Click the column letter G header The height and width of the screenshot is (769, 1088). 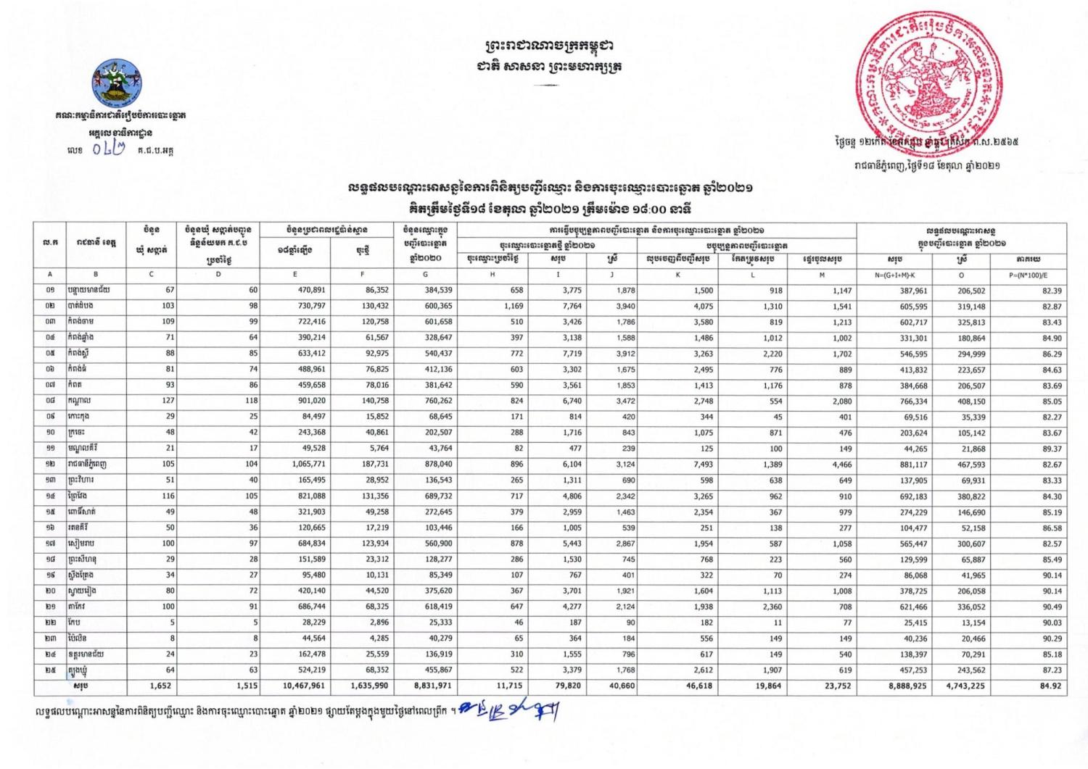[x=425, y=275]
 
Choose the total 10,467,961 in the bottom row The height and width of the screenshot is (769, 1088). [x=294, y=685]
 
